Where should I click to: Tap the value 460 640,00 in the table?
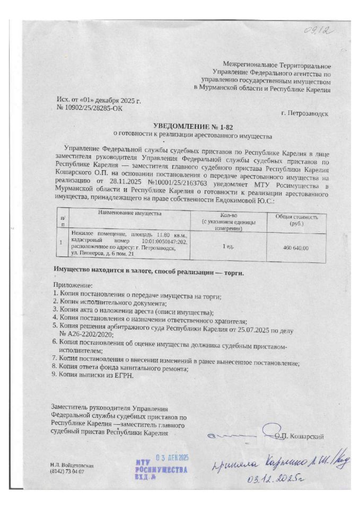296,248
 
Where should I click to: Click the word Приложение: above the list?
72,286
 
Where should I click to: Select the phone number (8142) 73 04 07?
67,471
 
